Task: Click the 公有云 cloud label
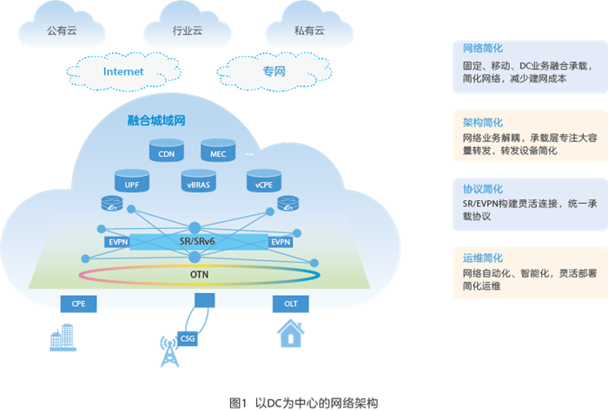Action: [63, 30]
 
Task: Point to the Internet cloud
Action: [123, 71]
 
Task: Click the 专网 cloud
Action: [274, 71]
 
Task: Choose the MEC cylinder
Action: [218, 152]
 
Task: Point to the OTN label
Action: [200, 276]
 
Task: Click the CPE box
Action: [77, 303]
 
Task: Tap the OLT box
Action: [290, 303]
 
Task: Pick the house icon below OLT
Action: [290, 334]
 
